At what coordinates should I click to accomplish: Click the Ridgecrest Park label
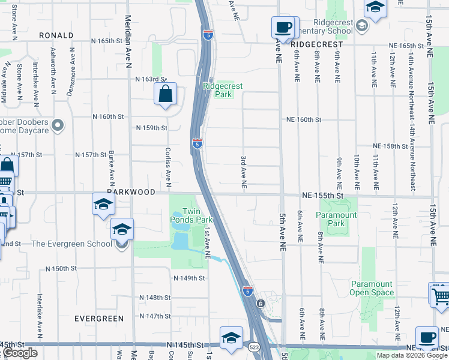point(223,90)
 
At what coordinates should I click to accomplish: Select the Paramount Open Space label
point(372,289)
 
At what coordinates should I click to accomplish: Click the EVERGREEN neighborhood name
point(99,319)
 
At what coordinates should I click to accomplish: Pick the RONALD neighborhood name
point(56,35)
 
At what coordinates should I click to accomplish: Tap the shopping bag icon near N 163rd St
point(164,95)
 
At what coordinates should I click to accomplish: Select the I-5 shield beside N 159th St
point(197,143)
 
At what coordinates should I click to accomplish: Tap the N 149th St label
point(189,278)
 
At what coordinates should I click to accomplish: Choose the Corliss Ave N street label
point(169,163)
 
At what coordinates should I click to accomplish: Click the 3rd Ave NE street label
point(244,173)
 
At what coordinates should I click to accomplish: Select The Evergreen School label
point(71,244)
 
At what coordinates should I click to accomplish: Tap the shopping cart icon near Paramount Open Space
point(440,295)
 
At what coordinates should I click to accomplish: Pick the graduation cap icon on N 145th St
point(231,338)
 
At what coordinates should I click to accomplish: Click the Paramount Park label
point(337,219)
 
